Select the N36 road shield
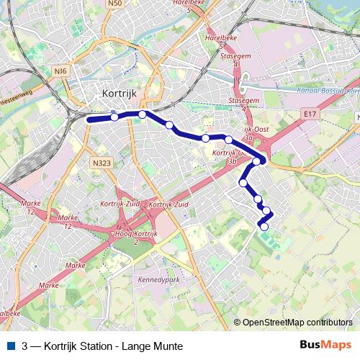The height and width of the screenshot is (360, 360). [x=60, y=70]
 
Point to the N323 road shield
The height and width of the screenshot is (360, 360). [x=102, y=163]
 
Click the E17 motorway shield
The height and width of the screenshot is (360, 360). [x=310, y=114]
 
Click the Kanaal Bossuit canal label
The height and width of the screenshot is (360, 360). [x=327, y=91]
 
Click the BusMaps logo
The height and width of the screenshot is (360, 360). [x=325, y=346]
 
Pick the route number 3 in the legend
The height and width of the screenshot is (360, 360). [x=25, y=346]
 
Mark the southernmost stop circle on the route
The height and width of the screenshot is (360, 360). [x=264, y=227]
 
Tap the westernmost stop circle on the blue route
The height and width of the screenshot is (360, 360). [x=114, y=117]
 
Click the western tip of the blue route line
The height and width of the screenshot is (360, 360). [x=89, y=120]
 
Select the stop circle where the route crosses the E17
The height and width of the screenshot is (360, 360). [x=256, y=161]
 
